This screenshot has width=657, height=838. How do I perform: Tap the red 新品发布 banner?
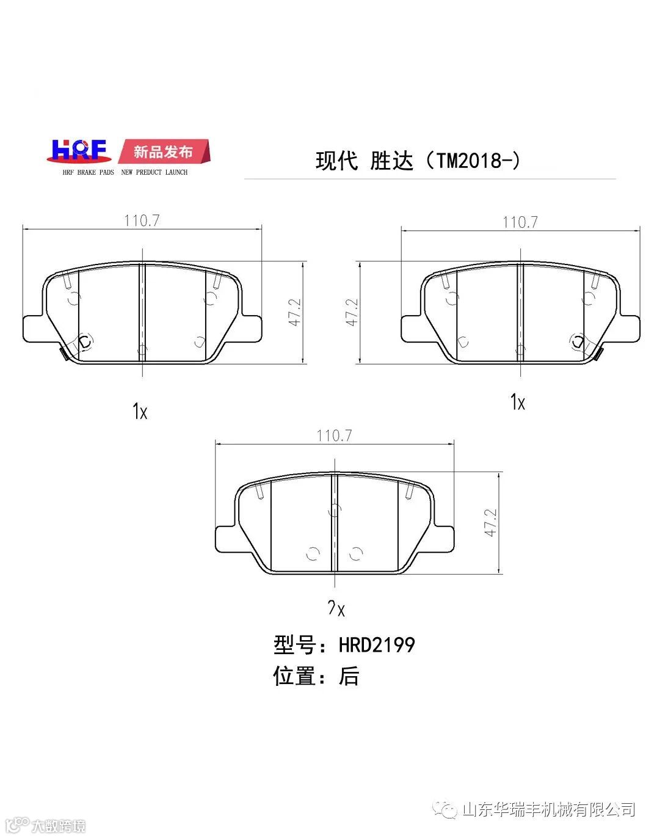tap(164, 151)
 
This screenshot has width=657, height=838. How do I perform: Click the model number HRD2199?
tap(377, 645)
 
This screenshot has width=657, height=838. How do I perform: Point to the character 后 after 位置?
tap(349, 676)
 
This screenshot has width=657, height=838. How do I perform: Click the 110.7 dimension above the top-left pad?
tap(142, 220)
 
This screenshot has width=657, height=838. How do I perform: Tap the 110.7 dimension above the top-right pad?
tap(520, 222)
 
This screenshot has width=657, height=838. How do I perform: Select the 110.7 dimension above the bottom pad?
tap(334, 435)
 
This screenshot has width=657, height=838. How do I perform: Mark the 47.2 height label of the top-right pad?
tap(352, 312)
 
